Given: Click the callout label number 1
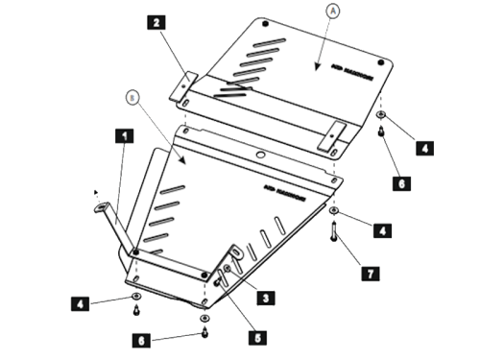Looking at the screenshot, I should pos(123,136).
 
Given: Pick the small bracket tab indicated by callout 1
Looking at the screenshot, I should pos(100,207).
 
